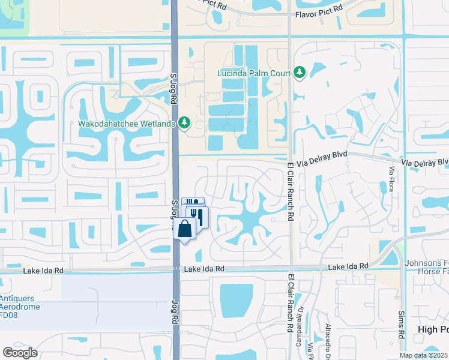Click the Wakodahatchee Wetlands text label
127,124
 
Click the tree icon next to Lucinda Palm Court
299,73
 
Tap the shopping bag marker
185,229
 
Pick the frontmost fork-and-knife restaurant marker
196,215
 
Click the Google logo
20,352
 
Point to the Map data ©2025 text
423,355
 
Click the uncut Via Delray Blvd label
323,154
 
